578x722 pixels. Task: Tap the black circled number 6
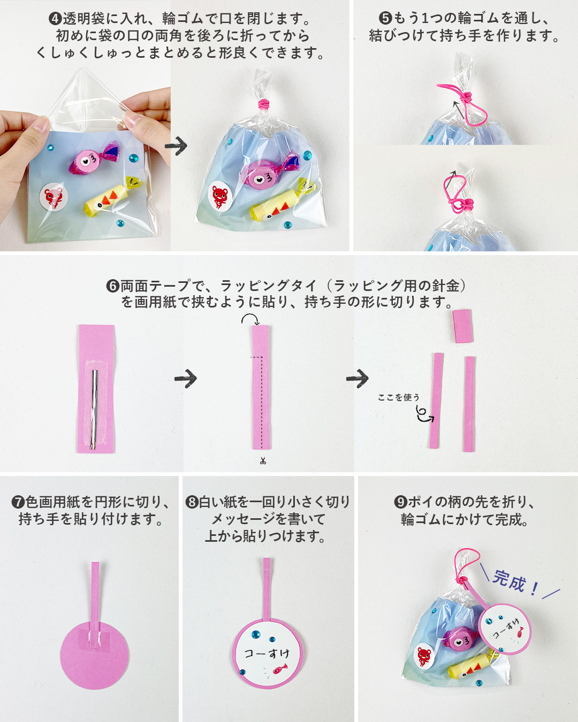(x=113, y=286)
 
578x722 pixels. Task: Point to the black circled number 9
(x=401, y=502)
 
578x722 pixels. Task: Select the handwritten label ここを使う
(x=399, y=397)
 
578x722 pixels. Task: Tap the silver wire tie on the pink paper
(x=94, y=409)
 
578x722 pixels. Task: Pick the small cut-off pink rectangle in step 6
(x=463, y=326)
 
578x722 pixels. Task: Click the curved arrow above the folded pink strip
(x=250, y=318)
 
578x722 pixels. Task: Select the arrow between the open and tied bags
(x=176, y=145)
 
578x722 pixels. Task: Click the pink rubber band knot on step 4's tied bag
(x=264, y=104)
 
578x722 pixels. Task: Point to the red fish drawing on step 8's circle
(x=280, y=669)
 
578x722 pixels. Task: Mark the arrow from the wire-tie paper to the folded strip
(x=185, y=379)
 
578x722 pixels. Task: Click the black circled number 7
(x=18, y=502)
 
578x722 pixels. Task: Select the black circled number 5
(x=385, y=18)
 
